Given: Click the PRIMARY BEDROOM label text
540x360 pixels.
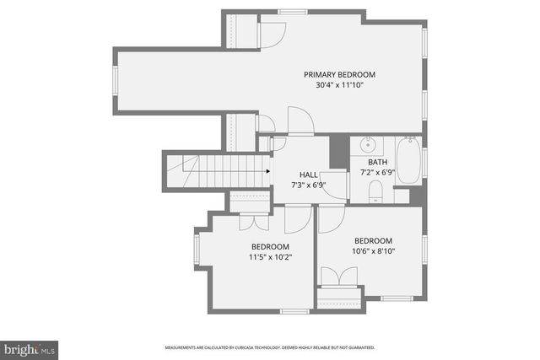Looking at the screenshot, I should point(339,74).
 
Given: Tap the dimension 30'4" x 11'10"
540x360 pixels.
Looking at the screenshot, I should point(339,84).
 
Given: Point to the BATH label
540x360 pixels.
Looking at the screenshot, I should point(377,162).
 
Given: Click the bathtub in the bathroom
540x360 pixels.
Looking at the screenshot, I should point(408,160).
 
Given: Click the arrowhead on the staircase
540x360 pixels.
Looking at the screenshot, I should point(267,172).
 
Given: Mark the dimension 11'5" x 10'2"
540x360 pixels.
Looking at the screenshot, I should point(269,257).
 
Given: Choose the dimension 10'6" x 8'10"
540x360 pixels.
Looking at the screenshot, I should point(373,250).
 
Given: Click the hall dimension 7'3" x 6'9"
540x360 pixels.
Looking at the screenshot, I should point(308,185).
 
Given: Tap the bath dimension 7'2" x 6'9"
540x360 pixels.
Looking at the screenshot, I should point(377,172).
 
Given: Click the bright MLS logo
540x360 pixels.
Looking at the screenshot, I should point(30,347).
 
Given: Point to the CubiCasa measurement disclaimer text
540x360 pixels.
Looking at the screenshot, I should point(269,347).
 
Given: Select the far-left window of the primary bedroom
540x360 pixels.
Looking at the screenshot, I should point(116,81).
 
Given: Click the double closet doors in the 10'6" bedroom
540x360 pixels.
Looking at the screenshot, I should point(341,277).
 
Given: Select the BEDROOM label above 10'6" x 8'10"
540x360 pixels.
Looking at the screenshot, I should point(373,240).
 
